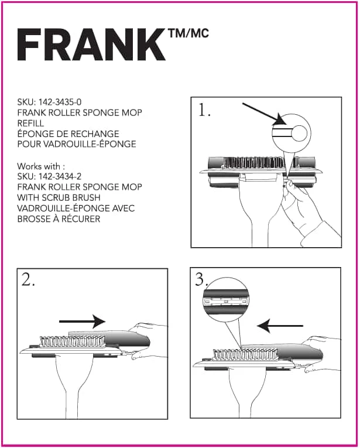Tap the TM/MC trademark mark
point(188,34)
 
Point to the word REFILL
point(31,124)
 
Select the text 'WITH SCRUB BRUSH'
point(59,198)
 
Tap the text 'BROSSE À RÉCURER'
point(59,219)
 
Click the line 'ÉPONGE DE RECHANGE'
point(68,134)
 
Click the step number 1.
point(204,111)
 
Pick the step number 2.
point(29,280)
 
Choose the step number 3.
point(202,279)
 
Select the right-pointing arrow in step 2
point(81,321)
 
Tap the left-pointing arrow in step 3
point(282,326)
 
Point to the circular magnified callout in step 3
point(225,298)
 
